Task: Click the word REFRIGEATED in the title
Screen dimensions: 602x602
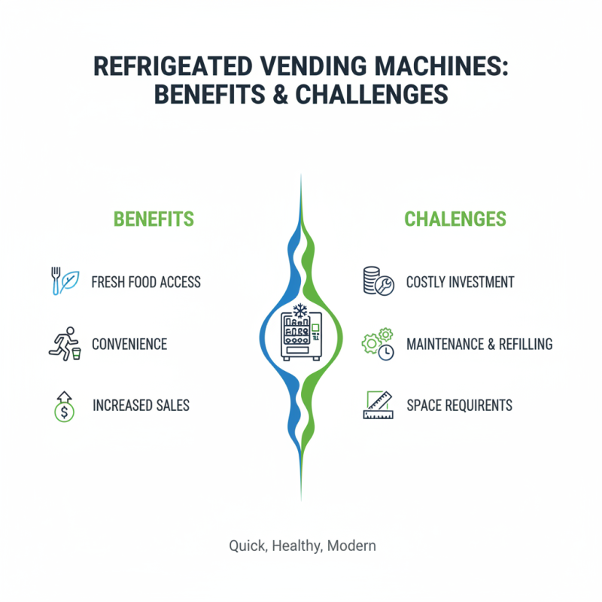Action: click(x=175, y=66)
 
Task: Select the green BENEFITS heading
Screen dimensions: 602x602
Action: click(x=154, y=219)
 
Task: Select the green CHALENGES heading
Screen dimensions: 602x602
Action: click(x=455, y=219)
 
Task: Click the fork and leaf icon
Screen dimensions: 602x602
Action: click(x=61, y=281)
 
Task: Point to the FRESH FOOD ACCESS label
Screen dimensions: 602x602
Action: click(x=146, y=282)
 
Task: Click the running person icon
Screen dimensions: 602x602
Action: click(x=62, y=344)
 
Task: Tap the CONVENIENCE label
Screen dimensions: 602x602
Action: click(x=129, y=344)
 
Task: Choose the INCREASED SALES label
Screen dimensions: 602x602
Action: click(x=141, y=405)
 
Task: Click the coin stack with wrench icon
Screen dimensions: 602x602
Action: click(x=377, y=282)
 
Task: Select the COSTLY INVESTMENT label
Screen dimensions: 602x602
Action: click(x=460, y=282)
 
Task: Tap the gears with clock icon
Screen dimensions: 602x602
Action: click(x=378, y=344)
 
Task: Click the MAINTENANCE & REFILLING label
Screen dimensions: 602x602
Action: click(x=479, y=344)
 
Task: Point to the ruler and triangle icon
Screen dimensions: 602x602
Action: click(x=378, y=404)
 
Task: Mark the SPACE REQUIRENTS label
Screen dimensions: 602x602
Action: click(x=459, y=405)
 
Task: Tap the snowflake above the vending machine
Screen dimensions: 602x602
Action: click(x=299, y=310)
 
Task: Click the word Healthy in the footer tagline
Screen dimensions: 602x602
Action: click(x=296, y=546)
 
